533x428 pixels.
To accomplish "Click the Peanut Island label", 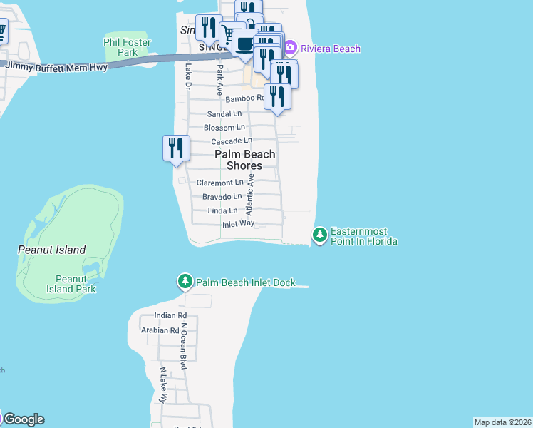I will click(x=51, y=250).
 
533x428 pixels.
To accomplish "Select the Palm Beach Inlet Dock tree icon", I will click(x=185, y=282).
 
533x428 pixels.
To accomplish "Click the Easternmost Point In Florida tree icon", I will click(x=320, y=234).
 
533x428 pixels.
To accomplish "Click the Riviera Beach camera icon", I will click(x=290, y=49).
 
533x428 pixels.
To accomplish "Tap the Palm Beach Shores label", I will click(x=244, y=160).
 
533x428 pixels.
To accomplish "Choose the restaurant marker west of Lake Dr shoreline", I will click(x=176, y=148).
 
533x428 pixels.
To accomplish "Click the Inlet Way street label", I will click(x=238, y=223).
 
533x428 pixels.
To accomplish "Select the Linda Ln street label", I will click(x=222, y=210).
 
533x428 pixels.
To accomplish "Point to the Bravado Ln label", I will click(x=222, y=196).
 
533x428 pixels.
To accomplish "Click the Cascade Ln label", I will click(x=232, y=141).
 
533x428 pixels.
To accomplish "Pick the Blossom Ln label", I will click(x=224, y=128).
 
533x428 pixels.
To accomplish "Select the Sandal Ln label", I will click(x=224, y=114).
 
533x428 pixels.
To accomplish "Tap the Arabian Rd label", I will click(x=160, y=330).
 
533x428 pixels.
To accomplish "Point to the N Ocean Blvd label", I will click(x=183, y=345).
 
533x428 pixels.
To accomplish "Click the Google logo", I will click(x=24, y=419).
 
